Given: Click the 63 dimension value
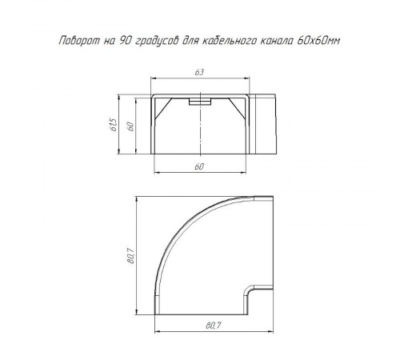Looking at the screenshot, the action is pos(199,72).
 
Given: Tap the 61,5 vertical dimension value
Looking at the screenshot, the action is pos(113,125).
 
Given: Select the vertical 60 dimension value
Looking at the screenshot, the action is pos(130,126).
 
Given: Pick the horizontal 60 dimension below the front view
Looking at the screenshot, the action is pos(199,166).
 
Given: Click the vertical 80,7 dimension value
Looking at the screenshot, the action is pos(130,256).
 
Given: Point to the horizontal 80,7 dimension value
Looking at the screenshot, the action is pos(214,326).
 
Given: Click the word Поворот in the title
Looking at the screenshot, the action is pos(79,41).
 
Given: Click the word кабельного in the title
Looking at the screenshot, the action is pos(230,41).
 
